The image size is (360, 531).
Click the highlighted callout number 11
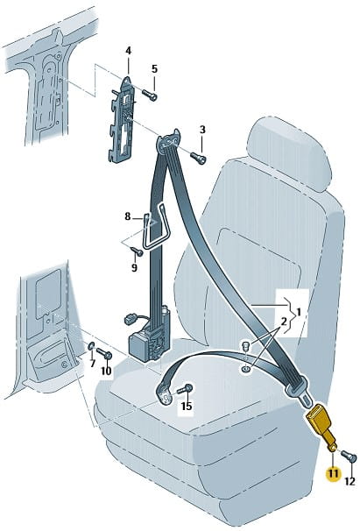(333, 473)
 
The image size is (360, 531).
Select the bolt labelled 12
(349, 457)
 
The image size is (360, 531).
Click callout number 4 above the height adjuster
(128, 51)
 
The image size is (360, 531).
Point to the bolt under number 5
(149, 95)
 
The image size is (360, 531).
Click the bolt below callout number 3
(198, 158)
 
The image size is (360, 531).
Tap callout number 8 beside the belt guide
(127, 216)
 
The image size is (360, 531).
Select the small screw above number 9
(137, 251)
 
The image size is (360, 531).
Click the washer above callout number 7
(91, 346)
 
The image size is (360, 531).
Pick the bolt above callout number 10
(104, 353)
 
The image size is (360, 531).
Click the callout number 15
(187, 406)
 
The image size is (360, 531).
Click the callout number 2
(284, 321)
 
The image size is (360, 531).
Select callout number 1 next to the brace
(299, 311)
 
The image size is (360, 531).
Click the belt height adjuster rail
(123, 119)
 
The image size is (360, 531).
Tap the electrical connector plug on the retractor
(130, 319)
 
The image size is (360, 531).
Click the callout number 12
(349, 481)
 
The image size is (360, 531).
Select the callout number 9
(134, 268)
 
